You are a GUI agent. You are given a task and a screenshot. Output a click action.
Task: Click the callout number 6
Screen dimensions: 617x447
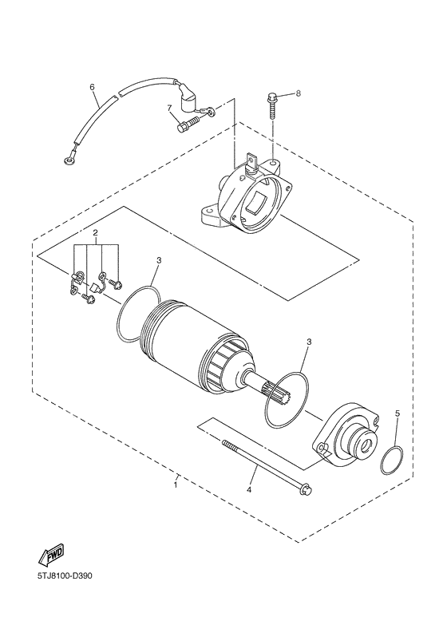click(x=92, y=86)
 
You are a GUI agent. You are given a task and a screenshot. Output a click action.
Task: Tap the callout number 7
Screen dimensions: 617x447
click(x=169, y=108)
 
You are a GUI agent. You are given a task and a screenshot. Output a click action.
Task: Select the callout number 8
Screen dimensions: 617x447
click(x=297, y=93)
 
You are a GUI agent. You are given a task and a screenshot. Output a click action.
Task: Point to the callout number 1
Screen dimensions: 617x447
click(x=176, y=485)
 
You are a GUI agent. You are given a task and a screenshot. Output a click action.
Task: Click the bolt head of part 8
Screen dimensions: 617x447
click(x=271, y=99)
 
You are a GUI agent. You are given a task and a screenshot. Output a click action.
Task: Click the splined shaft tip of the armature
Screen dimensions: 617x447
click(x=271, y=393)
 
